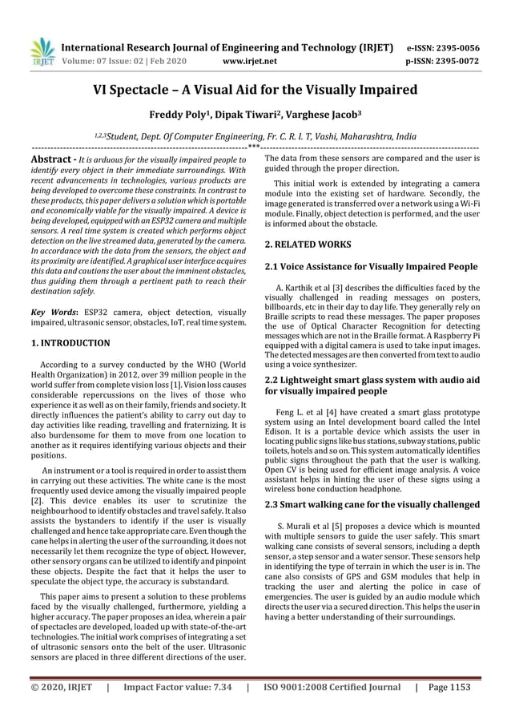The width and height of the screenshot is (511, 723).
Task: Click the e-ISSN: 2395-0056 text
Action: pyautogui.click(x=444, y=47)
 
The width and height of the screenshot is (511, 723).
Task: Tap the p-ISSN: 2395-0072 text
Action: pyautogui.click(x=444, y=60)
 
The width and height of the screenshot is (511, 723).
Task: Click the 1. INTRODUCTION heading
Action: pyautogui.click(x=70, y=343)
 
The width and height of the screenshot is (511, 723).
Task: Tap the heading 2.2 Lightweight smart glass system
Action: pyautogui.click(x=372, y=385)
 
